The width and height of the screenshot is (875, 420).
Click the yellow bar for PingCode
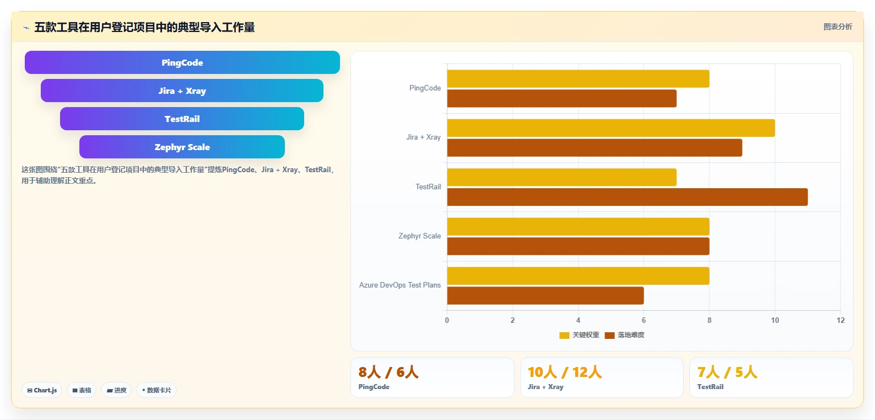coord(578,79)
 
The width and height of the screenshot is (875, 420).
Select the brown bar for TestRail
coord(628,197)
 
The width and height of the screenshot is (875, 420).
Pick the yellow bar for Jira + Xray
coord(611,128)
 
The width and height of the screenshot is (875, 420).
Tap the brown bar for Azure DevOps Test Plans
coord(545,295)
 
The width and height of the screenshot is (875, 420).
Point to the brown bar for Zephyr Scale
coord(578,246)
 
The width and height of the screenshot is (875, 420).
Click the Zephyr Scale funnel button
coord(182,147)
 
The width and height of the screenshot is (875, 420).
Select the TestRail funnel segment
coord(182,119)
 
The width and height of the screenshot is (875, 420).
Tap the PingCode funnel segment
coord(182,62)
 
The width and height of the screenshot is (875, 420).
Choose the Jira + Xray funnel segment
coord(182,91)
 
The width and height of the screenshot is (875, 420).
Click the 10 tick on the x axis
coord(775,320)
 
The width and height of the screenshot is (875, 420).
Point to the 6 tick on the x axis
coord(644,320)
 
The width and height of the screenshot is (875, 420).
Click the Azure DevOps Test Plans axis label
coord(400,285)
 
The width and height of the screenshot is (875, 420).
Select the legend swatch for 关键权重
coord(564,336)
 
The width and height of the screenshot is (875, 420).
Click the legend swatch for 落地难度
coord(609,336)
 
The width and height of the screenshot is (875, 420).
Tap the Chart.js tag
coord(42,390)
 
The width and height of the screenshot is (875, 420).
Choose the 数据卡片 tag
coord(156,390)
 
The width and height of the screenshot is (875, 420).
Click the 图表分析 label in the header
coord(838,26)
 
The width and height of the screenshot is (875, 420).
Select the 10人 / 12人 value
coord(564,372)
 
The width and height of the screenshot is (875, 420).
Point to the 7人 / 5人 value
coord(727,372)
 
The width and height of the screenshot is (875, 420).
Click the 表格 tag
coord(82,390)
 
